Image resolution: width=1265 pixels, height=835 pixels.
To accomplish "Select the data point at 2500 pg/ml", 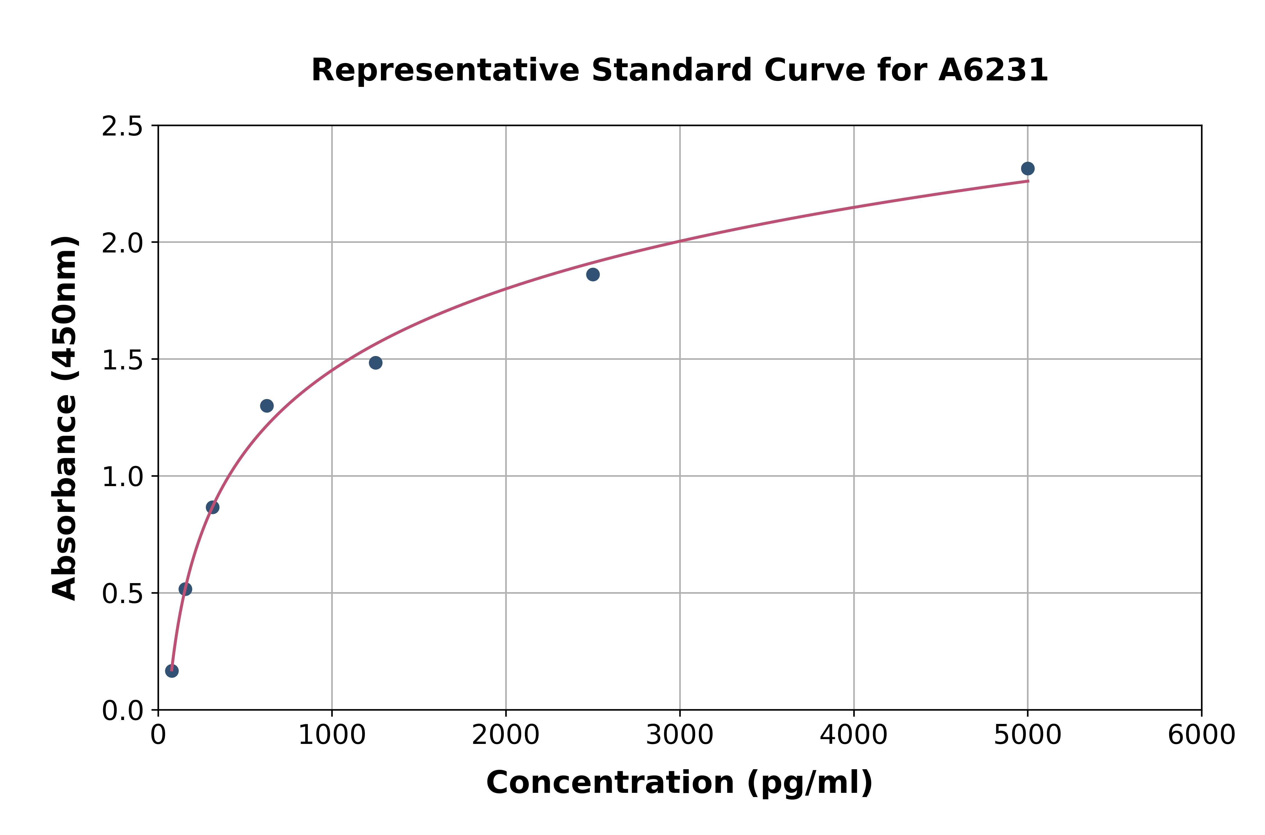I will [593, 275].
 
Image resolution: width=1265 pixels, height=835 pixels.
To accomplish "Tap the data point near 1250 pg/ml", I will [375, 363].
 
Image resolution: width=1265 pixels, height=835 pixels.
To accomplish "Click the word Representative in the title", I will [445, 70].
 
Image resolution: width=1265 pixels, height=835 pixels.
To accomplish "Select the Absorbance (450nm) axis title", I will [65, 418].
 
